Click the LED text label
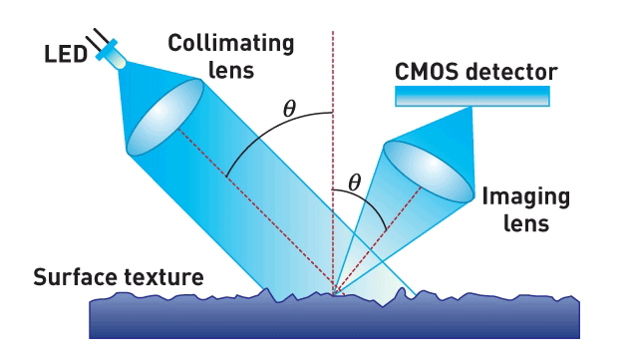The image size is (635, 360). click(66, 54)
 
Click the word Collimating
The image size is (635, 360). click(231, 43)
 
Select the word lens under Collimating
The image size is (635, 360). click(231, 70)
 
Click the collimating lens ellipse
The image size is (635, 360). click(164, 117)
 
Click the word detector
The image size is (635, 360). click(511, 72)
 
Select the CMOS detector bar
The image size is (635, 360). click(473, 97)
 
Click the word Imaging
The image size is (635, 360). click(526, 197)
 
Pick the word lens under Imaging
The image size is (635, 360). click(526, 223)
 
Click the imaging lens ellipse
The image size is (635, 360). click(429, 172)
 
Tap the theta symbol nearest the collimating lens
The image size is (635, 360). click(289, 108)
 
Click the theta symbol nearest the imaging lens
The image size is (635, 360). click(354, 182)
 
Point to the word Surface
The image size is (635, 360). click(75, 277)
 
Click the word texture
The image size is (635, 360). click(163, 277)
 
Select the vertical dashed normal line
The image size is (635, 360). click(333, 162)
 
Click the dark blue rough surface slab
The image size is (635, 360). click(335, 316)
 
